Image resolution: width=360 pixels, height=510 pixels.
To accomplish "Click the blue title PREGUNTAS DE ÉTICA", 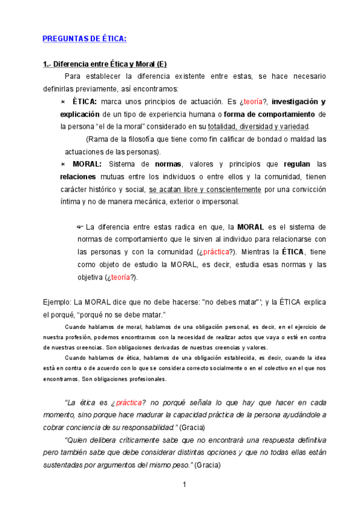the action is coord(84,39).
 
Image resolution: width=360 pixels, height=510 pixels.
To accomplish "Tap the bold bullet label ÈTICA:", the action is coord(84,102).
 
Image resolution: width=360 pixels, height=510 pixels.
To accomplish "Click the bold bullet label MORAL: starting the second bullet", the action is coord(87,164).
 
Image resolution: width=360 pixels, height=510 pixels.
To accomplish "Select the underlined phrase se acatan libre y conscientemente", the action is coord(205,189).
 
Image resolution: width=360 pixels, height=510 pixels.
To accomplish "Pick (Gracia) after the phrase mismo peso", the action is coord(209,465).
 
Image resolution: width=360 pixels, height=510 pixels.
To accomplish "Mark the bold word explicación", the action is coord(80,114).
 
